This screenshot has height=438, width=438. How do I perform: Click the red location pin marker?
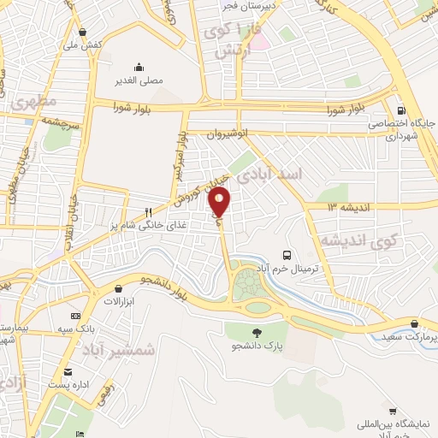tap(220, 201)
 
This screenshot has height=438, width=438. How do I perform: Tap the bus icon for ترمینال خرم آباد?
tap(287, 254)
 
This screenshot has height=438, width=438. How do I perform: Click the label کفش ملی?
tap(86, 43)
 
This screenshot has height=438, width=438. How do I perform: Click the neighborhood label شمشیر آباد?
tap(121, 350)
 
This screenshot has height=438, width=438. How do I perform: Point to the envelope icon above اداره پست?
tap(68, 372)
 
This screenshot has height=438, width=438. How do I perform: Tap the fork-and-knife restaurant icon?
tap(148, 212)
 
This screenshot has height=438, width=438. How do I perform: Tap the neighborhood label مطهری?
tap(35, 102)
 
